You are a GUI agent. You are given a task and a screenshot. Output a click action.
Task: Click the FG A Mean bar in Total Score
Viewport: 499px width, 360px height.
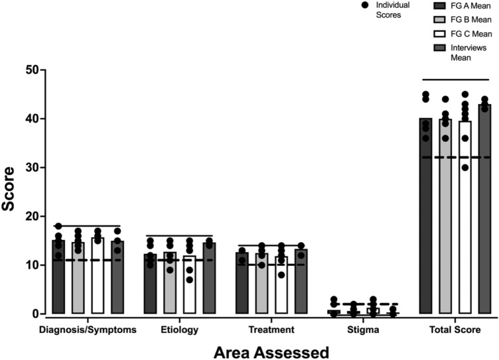425,219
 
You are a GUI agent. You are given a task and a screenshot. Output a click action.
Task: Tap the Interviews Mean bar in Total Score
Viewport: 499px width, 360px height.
484,212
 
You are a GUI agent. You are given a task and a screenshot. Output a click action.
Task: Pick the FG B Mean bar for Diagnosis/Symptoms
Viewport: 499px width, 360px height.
78,278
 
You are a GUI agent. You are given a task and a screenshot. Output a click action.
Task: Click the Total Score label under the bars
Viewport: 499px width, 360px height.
455,329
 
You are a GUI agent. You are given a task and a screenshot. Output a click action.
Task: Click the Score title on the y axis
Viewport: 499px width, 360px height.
10,192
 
